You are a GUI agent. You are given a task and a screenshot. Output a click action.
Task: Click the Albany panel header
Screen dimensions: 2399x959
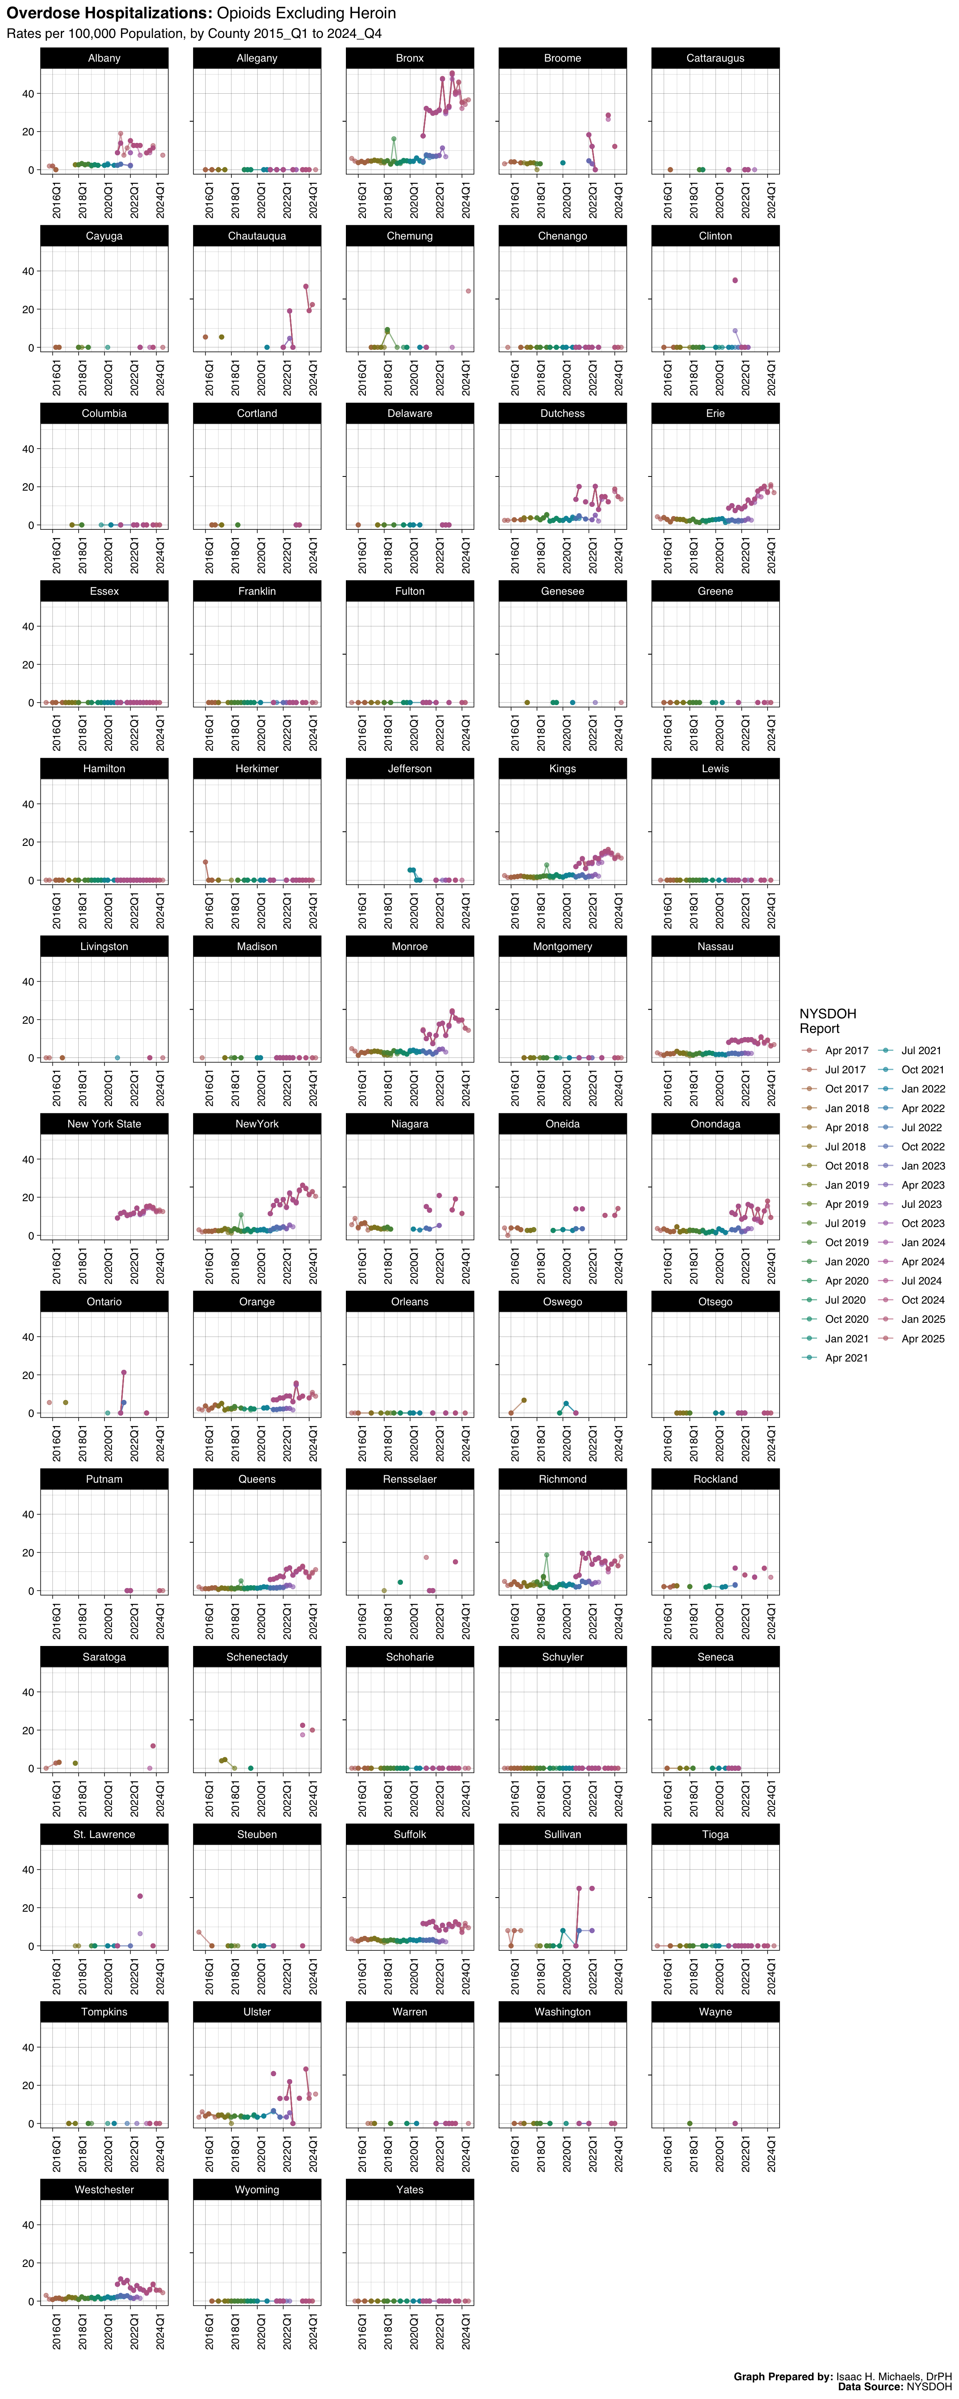point(104,58)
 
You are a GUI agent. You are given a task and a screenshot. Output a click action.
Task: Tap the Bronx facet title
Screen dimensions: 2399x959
point(410,58)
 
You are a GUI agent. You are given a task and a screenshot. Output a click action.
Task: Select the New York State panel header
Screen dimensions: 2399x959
point(104,1124)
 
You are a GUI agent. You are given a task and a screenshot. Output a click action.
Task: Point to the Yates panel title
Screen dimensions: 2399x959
point(410,2190)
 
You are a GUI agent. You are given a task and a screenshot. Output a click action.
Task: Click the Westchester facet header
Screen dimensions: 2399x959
point(104,2190)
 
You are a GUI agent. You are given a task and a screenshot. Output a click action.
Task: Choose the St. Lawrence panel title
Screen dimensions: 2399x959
point(104,1835)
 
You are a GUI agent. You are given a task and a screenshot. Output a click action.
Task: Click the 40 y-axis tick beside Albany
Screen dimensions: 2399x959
point(28,93)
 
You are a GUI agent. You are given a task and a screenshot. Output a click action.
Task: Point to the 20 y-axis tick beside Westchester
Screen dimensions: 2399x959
point(28,2263)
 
